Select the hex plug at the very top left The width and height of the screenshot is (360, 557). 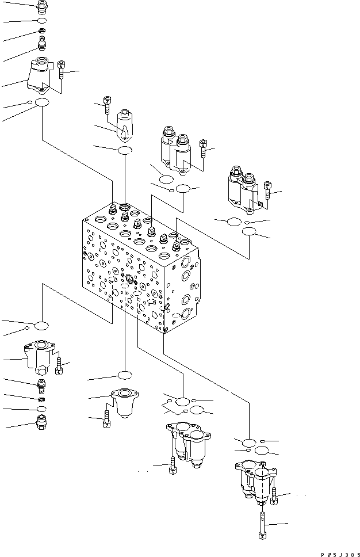[41, 7]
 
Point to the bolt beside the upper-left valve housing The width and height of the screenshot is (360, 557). [62, 72]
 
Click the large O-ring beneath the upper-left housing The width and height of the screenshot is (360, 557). [42, 102]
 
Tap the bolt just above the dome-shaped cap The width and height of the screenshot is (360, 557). [107, 104]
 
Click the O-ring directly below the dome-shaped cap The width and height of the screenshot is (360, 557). [125, 151]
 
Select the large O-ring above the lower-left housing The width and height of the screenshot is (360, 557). [41, 326]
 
